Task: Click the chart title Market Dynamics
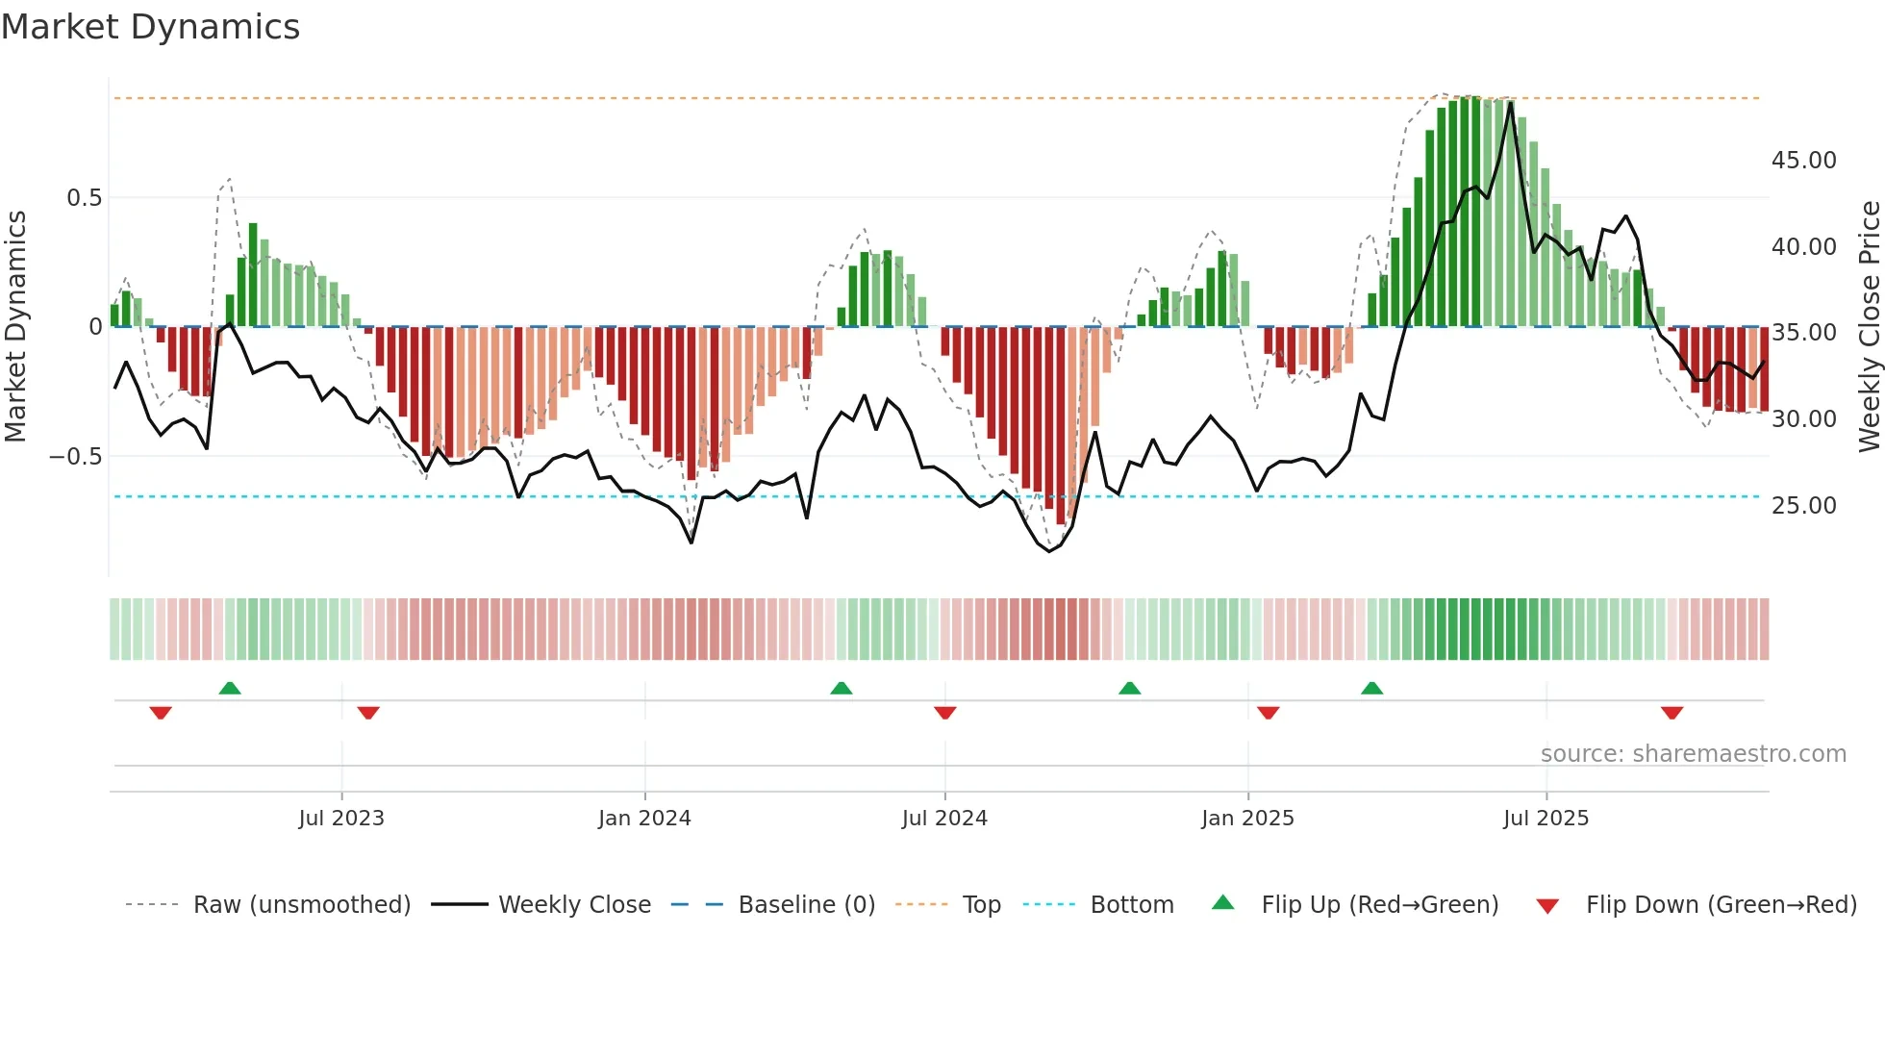click(150, 27)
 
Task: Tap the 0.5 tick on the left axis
click(84, 198)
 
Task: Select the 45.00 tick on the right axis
click(1803, 161)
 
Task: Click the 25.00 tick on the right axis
click(1803, 506)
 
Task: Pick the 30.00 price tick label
click(1803, 419)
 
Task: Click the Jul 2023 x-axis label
click(340, 819)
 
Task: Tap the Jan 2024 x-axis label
click(643, 819)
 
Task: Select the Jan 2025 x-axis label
click(1246, 819)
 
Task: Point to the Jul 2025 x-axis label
click(1546, 819)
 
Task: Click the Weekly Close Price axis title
click(1869, 327)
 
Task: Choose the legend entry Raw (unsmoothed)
click(301, 905)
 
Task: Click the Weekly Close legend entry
click(574, 905)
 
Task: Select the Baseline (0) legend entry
click(806, 905)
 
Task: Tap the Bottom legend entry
click(1131, 905)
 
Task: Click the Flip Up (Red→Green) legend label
click(1379, 905)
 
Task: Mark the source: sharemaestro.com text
click(1693, 754)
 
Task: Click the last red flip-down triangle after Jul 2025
click(1671, 713)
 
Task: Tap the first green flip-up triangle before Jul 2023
click(230, 688)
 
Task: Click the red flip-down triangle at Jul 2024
click(944, 713)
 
